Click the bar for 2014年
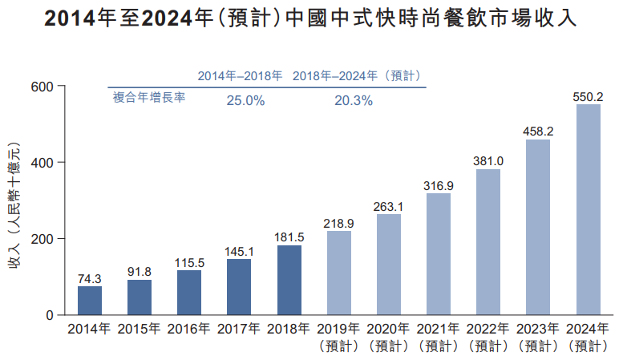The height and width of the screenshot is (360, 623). coord(90,301)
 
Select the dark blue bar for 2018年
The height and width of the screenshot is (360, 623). coord(289,280)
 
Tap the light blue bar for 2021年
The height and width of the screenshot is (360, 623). coord(439,254)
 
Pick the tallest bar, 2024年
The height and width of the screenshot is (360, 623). coord(589,209)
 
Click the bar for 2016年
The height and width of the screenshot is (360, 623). coord(189,293)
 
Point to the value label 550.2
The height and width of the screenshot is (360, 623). coord(588,96)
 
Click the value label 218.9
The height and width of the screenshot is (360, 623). coord(339,223)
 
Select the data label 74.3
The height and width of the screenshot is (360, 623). coord(90,278)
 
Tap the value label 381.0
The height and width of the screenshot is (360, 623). coord(488,160)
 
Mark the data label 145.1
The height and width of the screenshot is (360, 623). coord(239,251)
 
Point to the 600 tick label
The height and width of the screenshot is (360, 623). coord(42,87)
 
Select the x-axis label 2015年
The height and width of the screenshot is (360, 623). coord(140,329)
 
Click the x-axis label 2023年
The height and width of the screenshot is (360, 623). coord(538,329)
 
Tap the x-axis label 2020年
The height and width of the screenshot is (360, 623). coord(389,329)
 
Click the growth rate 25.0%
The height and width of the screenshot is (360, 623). coord(245,101)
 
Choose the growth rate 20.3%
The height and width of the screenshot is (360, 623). coord(354,101)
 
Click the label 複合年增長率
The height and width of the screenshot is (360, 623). coord(149,99)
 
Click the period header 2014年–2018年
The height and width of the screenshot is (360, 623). coord(240,76)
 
